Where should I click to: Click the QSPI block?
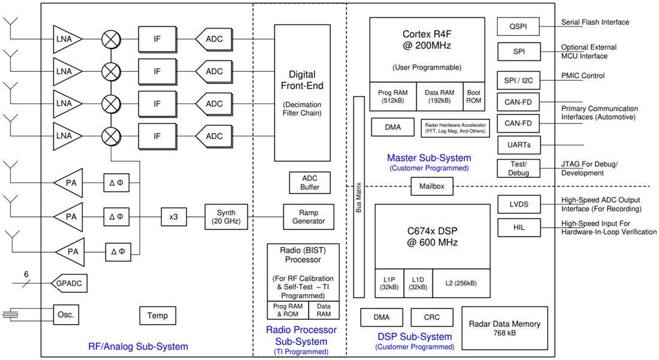519,26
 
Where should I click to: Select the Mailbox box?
431,186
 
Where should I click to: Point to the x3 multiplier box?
173,217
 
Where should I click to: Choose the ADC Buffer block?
310,183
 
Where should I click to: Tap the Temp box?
158,315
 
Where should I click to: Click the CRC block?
432,317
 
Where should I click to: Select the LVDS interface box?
519,204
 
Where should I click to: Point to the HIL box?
519,228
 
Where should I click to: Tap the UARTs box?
519,145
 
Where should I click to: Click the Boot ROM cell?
473,96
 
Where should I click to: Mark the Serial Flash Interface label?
594,22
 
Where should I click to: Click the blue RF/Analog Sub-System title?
138,346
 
